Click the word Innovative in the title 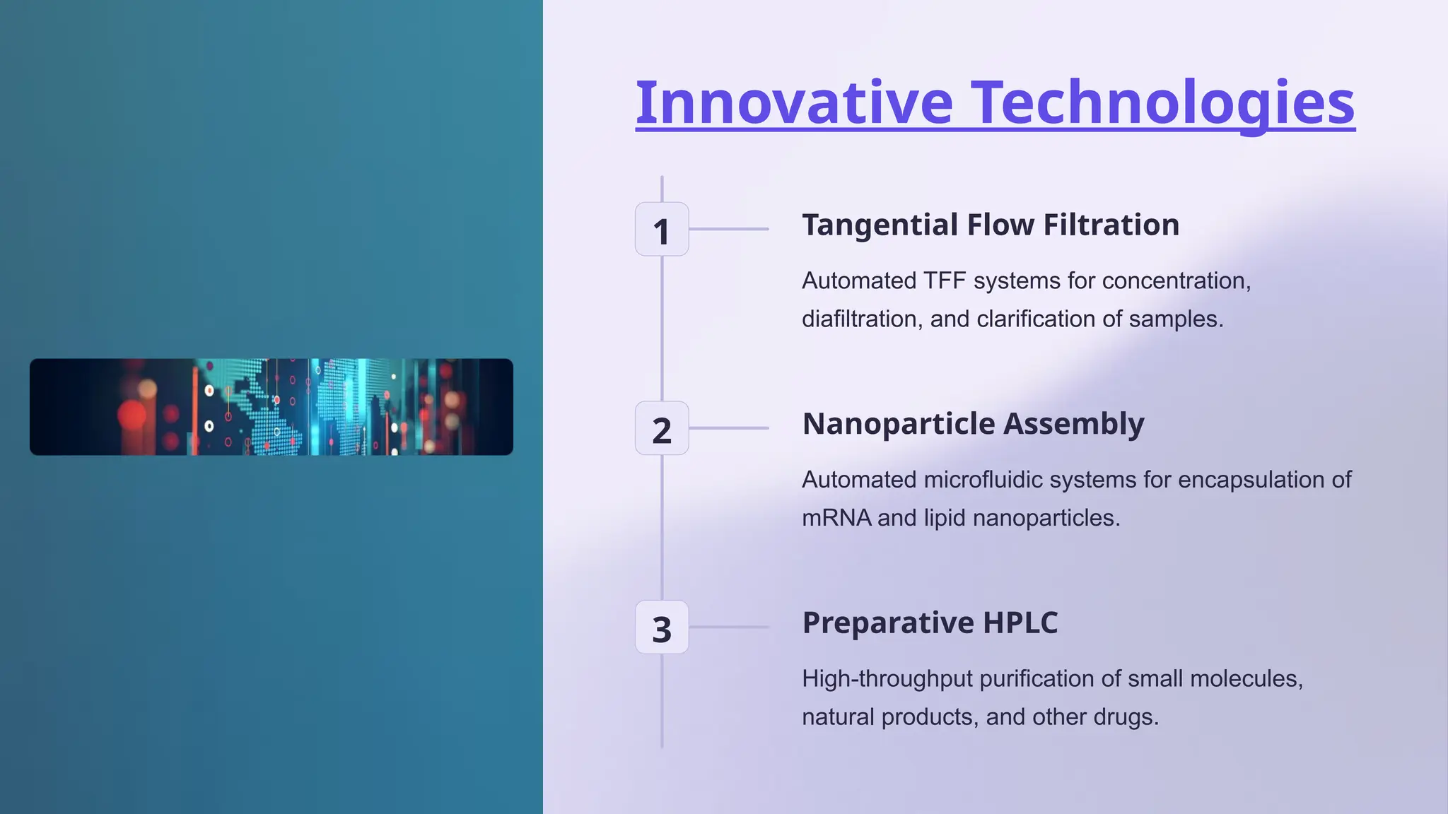[794, 102]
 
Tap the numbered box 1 [662, 230]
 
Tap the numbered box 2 [662, 429]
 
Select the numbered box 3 [662, 627]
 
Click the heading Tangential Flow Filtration [990, 225]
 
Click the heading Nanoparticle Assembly [973, 424]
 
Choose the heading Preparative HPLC [930, 623]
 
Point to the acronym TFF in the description [945, 281]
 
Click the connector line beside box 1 [728, 229]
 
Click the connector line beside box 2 [728, 428]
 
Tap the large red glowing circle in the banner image [132, 415]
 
